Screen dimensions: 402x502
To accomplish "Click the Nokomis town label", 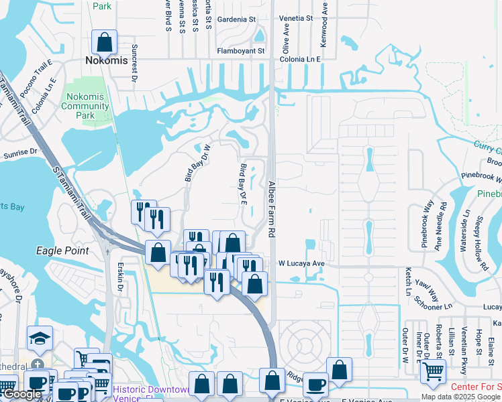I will click(x=106, y=60).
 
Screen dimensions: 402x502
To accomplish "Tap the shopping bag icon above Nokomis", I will click(x=105, y=42).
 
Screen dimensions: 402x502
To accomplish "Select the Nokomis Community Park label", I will click(x=85, y=106).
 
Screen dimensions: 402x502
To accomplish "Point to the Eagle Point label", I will click(x=62, y=251).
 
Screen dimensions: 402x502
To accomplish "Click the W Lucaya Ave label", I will click(x=301, y=264).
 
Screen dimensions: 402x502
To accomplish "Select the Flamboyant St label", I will click(x=241, y=51).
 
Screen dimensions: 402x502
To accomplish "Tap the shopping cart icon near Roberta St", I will click(x=432, y=369).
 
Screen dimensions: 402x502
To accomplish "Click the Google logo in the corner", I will click(x=22, y=394).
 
